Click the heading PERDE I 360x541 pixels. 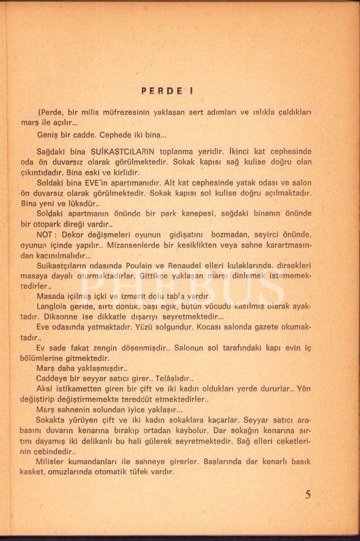[167, 91]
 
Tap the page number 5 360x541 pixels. [308, 494]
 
